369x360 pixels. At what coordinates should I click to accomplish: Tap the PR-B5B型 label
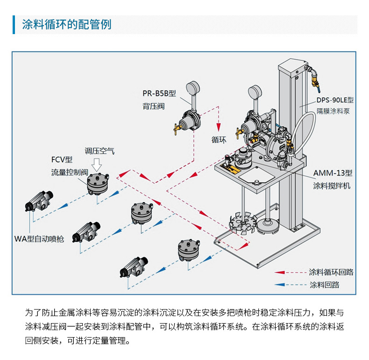coord(159,93)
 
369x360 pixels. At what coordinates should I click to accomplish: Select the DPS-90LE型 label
coord(334,100)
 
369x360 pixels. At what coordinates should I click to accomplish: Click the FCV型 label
coord(62,160)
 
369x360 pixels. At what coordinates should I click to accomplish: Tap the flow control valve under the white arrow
coord(98,184)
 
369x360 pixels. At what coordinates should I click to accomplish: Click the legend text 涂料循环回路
coord(331,272)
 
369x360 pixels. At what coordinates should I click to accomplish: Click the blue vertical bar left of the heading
coord(14,24)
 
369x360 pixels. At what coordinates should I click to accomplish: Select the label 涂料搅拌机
coord(331,185)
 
